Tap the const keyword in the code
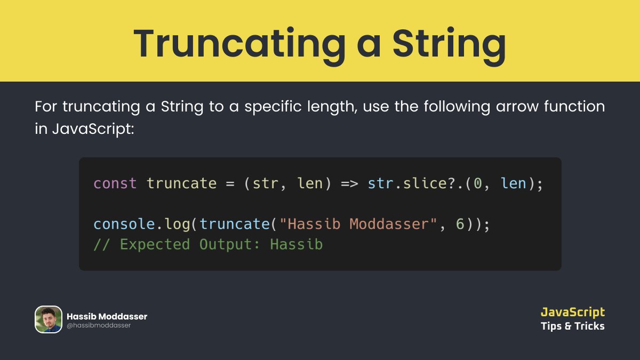pyautogui.click(x=115, y=183)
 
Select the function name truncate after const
pyautogui.click(x=181, y=183)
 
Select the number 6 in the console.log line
pyautogui.click(x=460, y=224)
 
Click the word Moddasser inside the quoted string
pyautogui.click(x=389, y=224)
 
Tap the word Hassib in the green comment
pyautogui.click(x=296, y=244)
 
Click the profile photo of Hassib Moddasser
pyautogui.click(x=49, y=319)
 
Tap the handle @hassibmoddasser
pyautogui.click(x=99, y=325)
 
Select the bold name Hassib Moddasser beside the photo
pyautogui.click(x=107, y=316)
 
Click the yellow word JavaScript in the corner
pyautogui.click(x=572, y=312)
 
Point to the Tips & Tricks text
pyautogui.click(x=572, y=326)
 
